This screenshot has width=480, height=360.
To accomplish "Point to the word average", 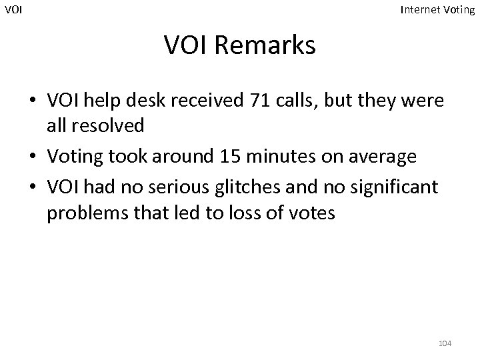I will (x=386, y=157).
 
